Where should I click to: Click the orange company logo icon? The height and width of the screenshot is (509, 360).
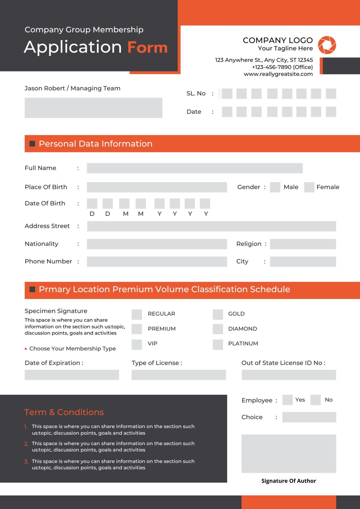[x=327, y=45]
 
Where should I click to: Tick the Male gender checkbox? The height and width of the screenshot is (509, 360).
[x=275, y=187]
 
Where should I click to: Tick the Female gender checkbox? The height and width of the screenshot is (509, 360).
[x=309, y=187]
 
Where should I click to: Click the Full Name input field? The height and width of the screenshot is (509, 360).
[x=194, y=168]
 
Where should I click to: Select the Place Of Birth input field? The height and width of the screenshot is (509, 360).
[x=157, y=187]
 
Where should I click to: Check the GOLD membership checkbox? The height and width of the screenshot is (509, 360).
[x=218, y=314]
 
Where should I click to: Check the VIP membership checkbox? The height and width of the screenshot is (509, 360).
[x=137, y=344]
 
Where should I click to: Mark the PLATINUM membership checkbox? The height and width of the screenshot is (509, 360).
[x=218, y=344]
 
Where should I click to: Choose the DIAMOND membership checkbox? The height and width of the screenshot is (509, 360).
[x=218, y=329]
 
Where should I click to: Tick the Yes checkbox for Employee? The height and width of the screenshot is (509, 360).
[x=287, y=400]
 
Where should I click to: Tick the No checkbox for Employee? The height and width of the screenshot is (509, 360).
[x=315, y=400]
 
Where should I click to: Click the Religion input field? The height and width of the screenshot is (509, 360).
[x=303, y=244]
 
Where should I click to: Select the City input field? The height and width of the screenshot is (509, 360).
[x=303, y=262]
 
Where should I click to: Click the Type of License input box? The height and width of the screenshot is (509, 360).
[x=178, y=375]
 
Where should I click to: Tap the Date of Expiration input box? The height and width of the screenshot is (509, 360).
[x=72, y=375]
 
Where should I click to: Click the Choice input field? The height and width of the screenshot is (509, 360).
[x=309, y=417]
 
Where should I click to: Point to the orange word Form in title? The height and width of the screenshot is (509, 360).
[x=147, y=47]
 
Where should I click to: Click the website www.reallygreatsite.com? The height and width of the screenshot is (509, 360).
[x=278, y=74]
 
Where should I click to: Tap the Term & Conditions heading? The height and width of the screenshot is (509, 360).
[x=64, y=412]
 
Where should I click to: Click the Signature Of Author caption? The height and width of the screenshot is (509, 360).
[x=289, y=481]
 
